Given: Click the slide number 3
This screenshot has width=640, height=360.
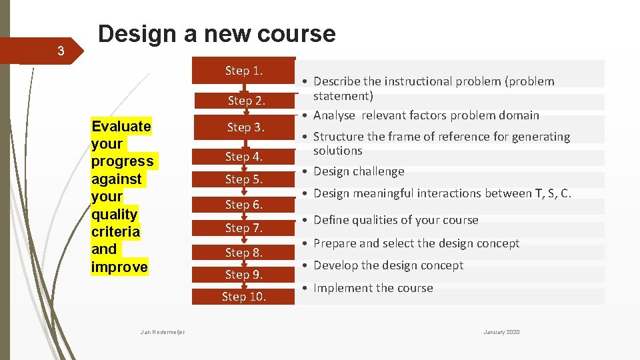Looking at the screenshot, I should click(x=61, y=51).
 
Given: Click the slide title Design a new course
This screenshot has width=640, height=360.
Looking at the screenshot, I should click(x=217, y=33).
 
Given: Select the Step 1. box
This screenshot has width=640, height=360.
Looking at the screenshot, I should click(x=243, y=71).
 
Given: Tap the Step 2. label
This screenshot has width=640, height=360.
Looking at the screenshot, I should click(x=246, y=101).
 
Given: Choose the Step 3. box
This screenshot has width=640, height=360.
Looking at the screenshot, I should click(x=245, y=127).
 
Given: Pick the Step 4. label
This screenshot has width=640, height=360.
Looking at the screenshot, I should click(x=243, y=157).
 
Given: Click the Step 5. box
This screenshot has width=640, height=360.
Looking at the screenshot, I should click(x=243, y=179).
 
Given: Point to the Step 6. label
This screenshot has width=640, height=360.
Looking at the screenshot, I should click(x=243, y=205).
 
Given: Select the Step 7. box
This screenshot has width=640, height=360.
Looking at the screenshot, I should click(x=243, y=228).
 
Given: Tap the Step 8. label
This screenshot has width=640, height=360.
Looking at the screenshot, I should click(x=243, y=253).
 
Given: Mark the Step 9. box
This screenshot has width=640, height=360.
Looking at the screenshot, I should click(x=243, y=275).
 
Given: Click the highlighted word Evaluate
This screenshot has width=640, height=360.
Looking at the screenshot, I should click(x=121, y=127).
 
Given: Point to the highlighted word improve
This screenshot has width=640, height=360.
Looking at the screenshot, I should click(x=119, y=267).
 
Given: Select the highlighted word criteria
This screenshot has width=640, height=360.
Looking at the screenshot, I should click(x=116, y=232).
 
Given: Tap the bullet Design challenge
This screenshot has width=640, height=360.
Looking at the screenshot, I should click(x=359, y=171).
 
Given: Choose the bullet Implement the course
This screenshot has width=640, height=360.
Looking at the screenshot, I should click(x=373, y=288).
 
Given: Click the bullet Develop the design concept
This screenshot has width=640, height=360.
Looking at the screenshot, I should click(x=388, y=265).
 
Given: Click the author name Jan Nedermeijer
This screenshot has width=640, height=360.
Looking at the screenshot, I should click(x=163, y=332).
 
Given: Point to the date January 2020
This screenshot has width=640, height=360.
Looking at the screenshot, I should click(x=501, y=332).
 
